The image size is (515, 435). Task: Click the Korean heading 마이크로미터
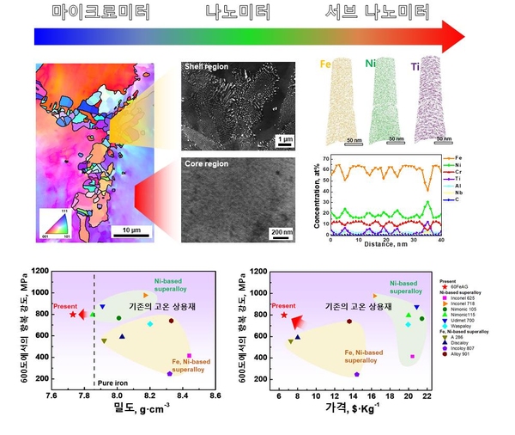[101, 12]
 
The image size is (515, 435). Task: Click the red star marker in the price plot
[283, 315]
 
